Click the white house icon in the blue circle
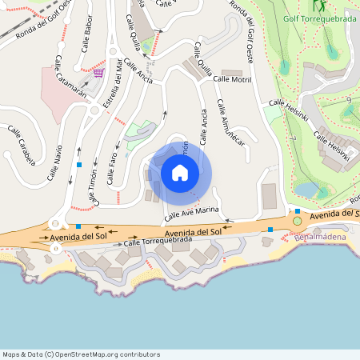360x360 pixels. [180, 172]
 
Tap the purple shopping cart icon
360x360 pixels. [98, 72]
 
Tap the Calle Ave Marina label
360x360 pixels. [192, 213]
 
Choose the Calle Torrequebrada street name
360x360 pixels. [158, 240]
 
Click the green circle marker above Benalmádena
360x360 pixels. [298, 220]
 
